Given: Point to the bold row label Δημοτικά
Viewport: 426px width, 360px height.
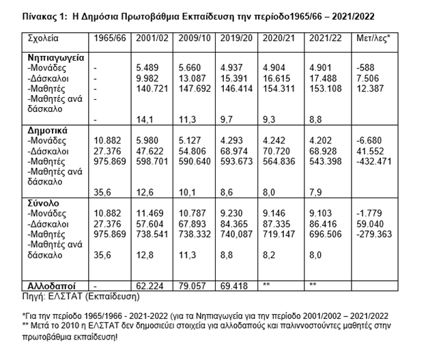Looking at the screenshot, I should pos(47,128).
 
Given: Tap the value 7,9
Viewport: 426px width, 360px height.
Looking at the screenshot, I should pos(316,182).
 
